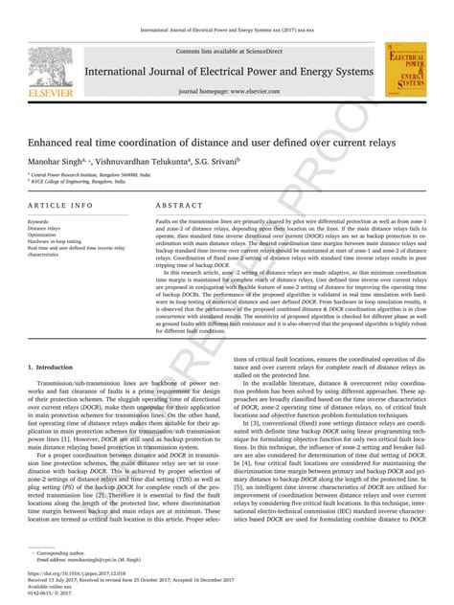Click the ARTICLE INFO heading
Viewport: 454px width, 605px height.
click(60, 206)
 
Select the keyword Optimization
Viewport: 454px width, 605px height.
click(45, 235)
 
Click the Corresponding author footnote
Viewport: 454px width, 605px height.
click(57, 553)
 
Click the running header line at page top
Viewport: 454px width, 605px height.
click(226, 32)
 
